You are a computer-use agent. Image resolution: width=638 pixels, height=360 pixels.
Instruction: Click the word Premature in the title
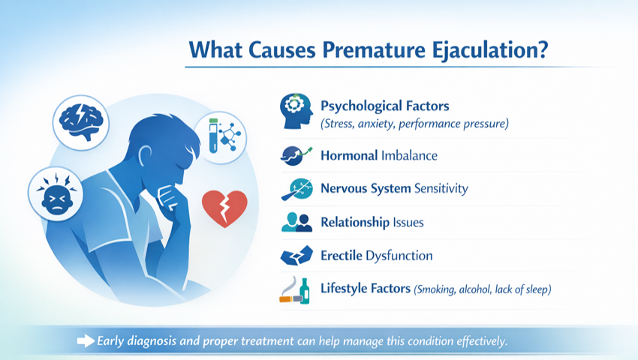pos(374,50)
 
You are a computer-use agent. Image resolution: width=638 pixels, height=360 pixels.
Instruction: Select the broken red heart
pos(224,208)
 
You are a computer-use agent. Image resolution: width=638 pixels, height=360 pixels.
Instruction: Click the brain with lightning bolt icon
pos(81,122)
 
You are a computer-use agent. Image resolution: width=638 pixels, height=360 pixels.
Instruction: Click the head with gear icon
pos(296,111)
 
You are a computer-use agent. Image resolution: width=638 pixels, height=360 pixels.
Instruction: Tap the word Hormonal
pos(349,155)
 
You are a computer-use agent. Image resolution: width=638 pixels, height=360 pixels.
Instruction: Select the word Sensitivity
pos(441,189)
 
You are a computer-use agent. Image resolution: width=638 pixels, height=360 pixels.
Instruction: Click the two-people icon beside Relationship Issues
pos(296,222)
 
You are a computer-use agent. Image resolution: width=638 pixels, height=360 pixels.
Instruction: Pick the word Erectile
pos(341,256)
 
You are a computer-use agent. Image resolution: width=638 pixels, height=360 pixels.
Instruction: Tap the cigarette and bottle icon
pos(294,290)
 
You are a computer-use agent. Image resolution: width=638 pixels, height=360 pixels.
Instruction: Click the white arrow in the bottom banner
pos(86,341)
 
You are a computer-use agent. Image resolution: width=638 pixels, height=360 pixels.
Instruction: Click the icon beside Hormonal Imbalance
pos(296,155)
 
